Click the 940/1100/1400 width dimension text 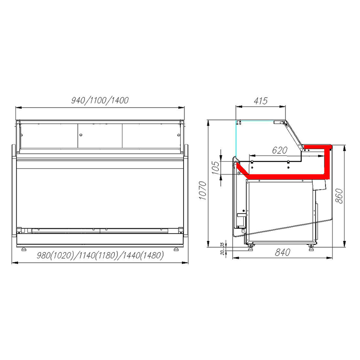point(100,100)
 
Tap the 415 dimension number point(260,101)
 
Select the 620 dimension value point(280,150)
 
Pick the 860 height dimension point(339,195)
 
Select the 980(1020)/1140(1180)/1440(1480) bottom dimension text point(100,256)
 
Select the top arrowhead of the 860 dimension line point(345,146)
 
